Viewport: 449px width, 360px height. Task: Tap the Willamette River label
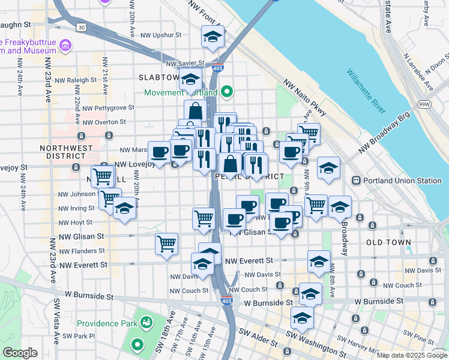point(366,92)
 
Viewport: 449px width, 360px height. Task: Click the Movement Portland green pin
point(227,92)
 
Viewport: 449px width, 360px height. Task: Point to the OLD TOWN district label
point(388,242)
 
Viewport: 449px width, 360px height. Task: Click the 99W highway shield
point(424,104)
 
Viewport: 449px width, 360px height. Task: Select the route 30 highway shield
point(81,27)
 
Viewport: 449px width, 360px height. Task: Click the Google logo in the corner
point(20,353)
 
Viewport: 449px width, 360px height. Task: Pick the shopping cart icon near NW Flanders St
point(166,244)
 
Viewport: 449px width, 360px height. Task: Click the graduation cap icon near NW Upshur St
point(212,38)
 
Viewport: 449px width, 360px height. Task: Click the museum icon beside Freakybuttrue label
point(65,45)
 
